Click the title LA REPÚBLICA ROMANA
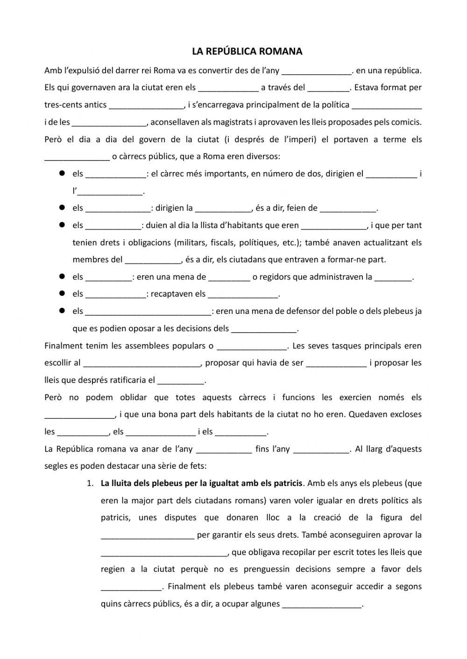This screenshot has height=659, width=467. click(x=247, y=51)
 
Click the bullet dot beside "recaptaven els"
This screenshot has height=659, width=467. click(x=61, y=294)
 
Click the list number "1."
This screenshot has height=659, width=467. click(x=91, y=483)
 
